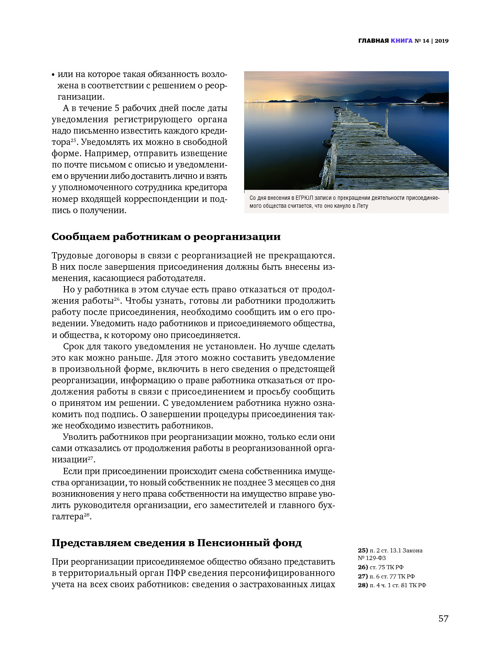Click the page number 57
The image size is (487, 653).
pos(443,619)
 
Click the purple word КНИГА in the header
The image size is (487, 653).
pos(402,41)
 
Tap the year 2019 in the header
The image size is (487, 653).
pos(441,41)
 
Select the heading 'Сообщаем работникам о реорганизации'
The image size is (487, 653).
pos(166,237)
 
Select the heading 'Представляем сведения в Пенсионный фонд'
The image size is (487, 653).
pos(176,543)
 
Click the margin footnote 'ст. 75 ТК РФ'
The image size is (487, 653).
pos(386,567)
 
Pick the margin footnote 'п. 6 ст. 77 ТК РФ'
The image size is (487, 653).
pos(392,576)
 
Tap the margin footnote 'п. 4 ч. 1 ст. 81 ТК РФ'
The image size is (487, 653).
pos(397,585)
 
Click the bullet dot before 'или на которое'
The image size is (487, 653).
pos(53,75)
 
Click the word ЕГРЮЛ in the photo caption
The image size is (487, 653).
pos(305,198)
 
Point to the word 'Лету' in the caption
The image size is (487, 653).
pos(362,206)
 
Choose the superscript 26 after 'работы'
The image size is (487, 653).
pos(117,299)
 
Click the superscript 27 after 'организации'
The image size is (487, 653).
pos(90,458)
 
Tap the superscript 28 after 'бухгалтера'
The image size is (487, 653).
pos(87,515)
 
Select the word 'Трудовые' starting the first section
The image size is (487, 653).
pos(69,256)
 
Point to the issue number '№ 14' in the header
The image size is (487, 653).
pos(422,41)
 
